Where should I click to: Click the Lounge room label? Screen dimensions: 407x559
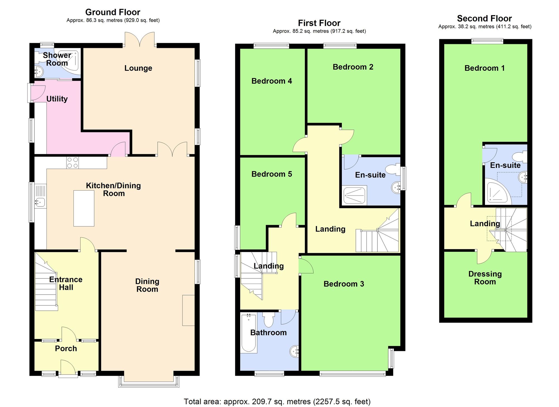[138, 68]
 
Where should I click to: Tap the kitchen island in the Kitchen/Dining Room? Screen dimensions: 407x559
[84, 208]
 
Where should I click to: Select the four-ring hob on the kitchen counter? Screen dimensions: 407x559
[73, 163]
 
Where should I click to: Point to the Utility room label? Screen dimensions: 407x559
[57, 99]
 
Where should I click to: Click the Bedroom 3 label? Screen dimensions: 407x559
[344, 284]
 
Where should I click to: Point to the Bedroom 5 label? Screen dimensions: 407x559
[271, 174]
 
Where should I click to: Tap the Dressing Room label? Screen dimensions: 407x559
[485, 278]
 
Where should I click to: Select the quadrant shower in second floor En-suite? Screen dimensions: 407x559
[496, 193]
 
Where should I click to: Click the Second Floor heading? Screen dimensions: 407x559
[484, 18]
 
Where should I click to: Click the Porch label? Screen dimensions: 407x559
[66, 349]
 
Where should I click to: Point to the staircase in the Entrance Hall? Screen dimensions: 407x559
[46, 288]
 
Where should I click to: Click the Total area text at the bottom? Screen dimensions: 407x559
[277, 402]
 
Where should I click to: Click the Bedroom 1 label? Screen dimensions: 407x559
[484, 68]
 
